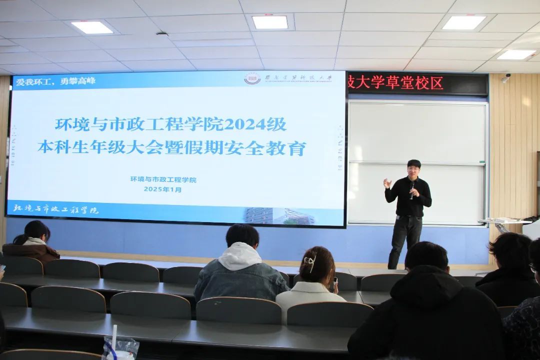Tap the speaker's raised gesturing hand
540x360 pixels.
(x=387, y=183)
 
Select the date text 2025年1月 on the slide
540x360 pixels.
(x=163, y=189)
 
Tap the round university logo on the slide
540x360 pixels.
(x=252, y=79)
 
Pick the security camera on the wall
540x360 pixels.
(x=505, y=78)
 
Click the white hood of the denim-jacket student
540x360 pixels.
(x=240, y=256)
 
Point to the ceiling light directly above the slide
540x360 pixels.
(x=269, y=22)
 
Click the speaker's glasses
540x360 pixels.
(x=412, y=170)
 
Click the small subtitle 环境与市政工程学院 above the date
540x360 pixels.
(x=163, y=179)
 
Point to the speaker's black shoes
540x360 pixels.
(x=393, y=265)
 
